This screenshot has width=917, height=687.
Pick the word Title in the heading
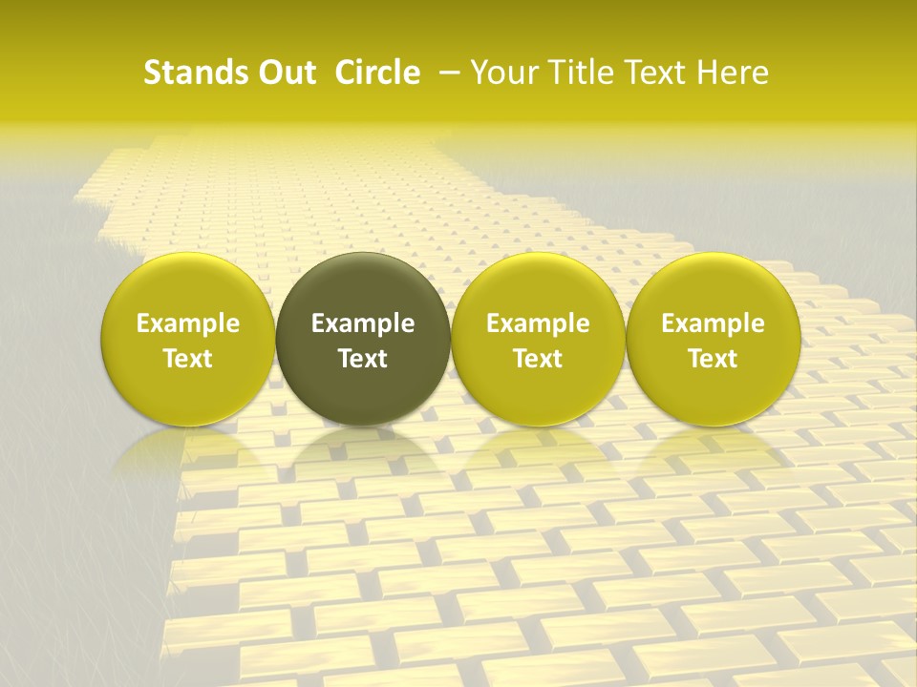click(x=579, y=73)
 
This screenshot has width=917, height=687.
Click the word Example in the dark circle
click(x=363, y=323)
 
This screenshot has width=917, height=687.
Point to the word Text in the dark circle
click(x=363, y=359)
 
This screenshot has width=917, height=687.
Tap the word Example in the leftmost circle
click(x=187, y=323)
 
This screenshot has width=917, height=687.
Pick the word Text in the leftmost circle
click(x=187, y=359)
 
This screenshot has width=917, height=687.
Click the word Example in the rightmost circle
click(x=713, y=323)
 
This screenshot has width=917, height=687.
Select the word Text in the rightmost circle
click(x=713, y=359)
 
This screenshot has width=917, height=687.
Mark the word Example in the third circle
click(x=538, y=323)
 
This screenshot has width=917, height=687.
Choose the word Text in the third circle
click(x=538, y=359)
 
